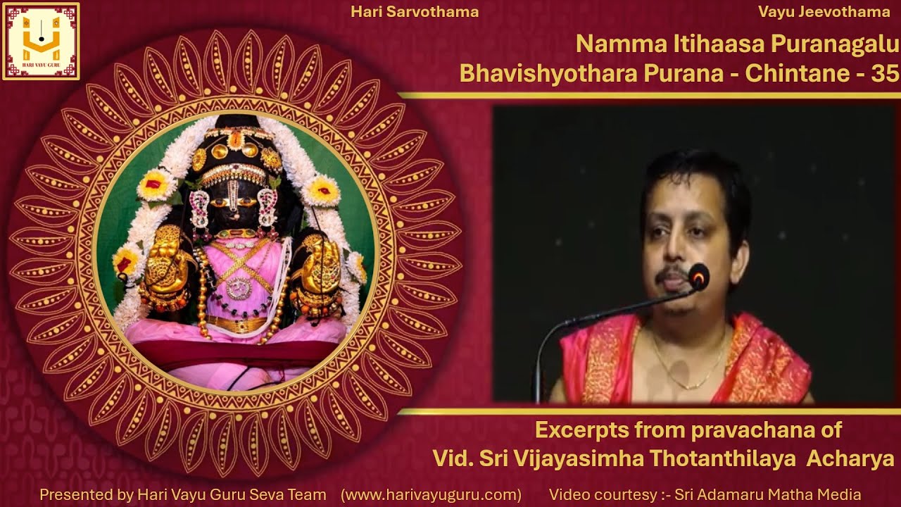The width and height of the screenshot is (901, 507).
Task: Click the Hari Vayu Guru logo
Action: click(41, 41)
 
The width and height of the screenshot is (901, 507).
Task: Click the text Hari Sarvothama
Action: click(414, 12)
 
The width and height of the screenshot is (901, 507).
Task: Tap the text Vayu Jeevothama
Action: click(824, 12)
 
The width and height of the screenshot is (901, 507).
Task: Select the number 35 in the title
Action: click(885, 73)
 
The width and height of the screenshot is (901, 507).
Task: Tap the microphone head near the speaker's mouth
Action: click(698, 276)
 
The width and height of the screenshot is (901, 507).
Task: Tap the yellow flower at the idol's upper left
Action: click(156, 184)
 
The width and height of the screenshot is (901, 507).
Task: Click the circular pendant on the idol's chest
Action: click(239, 287)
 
